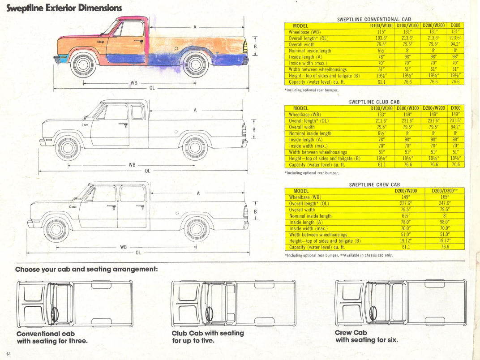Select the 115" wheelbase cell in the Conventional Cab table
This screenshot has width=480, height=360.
coord(381,32)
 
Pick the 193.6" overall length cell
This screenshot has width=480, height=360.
coord(381,38)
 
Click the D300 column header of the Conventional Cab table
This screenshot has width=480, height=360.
coord(456,26)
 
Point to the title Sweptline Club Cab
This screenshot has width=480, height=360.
coord(374,102)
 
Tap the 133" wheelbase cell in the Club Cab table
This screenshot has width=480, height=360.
coord(381,114)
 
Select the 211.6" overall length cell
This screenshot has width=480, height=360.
coord(381,120)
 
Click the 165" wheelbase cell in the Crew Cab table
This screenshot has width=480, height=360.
coord(444,197)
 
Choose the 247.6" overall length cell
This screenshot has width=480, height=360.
coord(444,203)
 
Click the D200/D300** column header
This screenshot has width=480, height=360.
coord(444,191)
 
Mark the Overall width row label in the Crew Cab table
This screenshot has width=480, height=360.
coord(302,210)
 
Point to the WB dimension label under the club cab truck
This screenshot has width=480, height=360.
coord(132,165)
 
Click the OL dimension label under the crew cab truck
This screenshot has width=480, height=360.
coord(138,253)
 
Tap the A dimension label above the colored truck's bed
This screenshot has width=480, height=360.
coord(195,27)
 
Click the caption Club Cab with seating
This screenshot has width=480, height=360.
coord(207,333)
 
